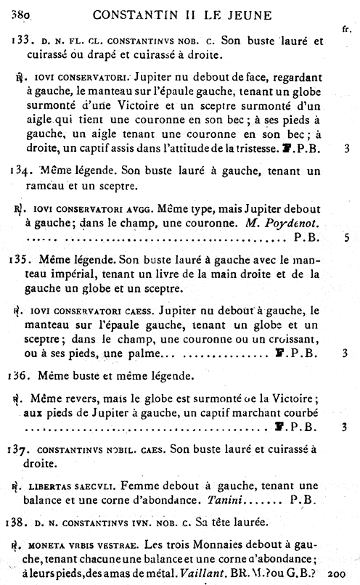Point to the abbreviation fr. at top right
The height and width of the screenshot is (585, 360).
345,28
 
